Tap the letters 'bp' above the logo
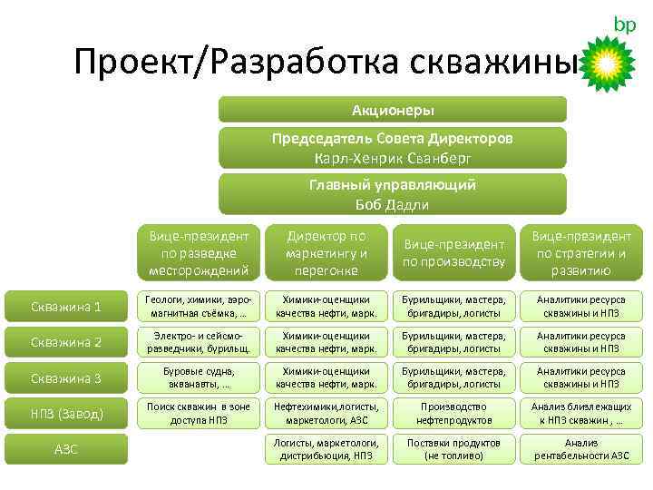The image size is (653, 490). pyautogui.click(x=625, y=24)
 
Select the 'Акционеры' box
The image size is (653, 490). pyautogui.click(x=393, y=110)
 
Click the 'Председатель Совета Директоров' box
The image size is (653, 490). pyautogui.click(x=393, y=148)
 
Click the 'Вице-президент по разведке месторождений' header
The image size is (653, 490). pyautogui.click(x=198, y=253)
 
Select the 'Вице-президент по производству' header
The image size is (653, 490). pyautogui.click(x=454, y=253)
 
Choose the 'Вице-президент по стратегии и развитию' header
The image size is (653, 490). pyautogui.click(x=581, y=253)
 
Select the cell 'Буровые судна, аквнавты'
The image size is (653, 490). pyautogui.click(x=198, y=377)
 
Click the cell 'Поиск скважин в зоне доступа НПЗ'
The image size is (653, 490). pyautogui.click(x=198, y=414)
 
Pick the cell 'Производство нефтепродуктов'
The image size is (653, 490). pyautogui.click(x=454, y=414)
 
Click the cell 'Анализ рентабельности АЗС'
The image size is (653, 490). pyautogui.click(x=581, y=449)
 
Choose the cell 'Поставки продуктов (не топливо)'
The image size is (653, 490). pyautogui.click(x=454, y=449)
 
